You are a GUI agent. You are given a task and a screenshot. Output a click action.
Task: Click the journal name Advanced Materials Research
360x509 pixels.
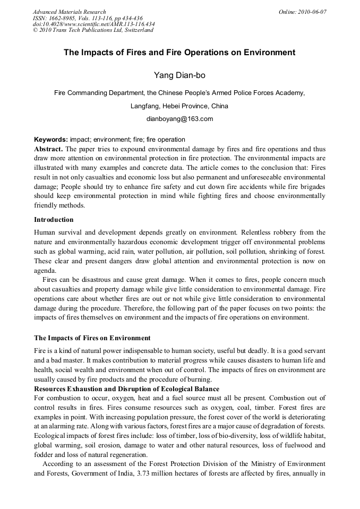pos(69,12)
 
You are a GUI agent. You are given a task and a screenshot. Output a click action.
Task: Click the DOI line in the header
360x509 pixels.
pos(93,24)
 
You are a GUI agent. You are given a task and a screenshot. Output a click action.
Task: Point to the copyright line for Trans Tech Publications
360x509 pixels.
pos(93,30)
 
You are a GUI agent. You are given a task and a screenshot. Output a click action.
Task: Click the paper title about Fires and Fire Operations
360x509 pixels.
pos(179,53)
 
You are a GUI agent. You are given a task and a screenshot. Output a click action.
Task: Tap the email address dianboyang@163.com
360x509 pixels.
pos(179,119)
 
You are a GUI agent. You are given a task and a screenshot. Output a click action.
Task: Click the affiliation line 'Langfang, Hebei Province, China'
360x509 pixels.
pos(179,106)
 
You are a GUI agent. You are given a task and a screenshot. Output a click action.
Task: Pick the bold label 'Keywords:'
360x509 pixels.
pos(50,141)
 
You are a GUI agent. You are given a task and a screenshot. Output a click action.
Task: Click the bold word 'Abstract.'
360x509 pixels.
pos(48,149)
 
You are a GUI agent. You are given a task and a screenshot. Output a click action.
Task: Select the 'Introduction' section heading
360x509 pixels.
pos(54,219)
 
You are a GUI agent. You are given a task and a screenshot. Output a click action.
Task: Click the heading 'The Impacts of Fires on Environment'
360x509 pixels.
pos(92,338)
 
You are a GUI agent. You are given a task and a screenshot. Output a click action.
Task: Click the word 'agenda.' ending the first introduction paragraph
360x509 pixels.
pos(45,270)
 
